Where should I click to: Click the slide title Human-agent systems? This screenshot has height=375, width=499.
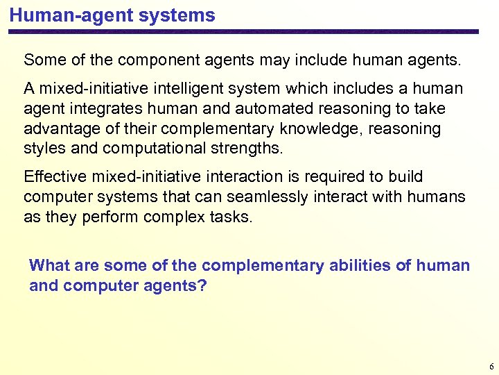click(112, 15)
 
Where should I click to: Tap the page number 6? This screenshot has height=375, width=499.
click(491, 367)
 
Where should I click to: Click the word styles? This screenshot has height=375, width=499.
click(43, 149)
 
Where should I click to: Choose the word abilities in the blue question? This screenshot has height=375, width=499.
click(333, 265)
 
